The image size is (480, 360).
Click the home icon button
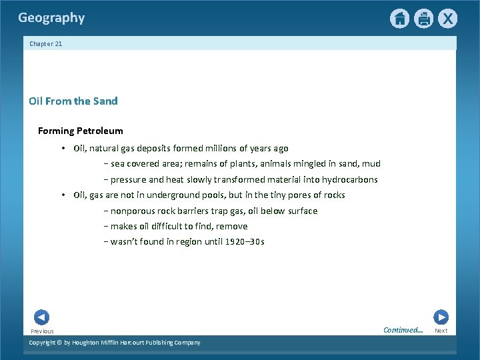point(399,19)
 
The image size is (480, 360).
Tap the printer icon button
point(423,19)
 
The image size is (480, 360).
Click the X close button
point(447,19)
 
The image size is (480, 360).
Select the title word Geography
point(51,18)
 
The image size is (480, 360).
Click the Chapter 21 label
point(46,44)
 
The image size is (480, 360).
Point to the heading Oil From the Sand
point(73,101)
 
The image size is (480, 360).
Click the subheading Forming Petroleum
point(81,131)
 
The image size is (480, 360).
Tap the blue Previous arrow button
point(41,317)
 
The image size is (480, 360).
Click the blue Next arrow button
point(441,317)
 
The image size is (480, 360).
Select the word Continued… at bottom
point(403,330)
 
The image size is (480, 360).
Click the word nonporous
point(131,211)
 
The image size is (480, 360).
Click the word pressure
point(128,179)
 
